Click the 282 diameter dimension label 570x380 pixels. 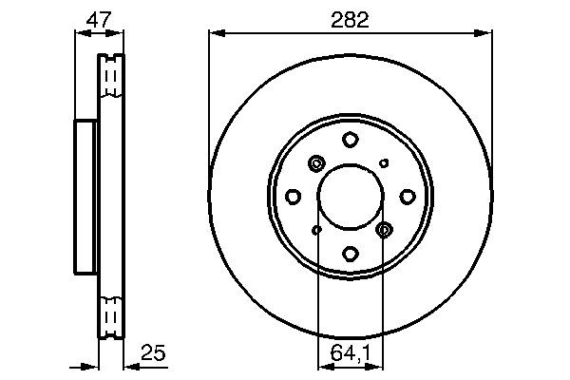click(350, 17)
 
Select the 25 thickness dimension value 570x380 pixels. click(154, 353)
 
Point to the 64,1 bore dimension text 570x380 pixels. click(351, 353)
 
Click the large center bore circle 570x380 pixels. click(350, 197)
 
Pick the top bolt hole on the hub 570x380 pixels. click(350, 140)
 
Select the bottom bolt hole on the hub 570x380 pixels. click(350, 254)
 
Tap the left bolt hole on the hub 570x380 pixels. click(294, 197)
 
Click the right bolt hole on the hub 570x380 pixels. click(407, 197)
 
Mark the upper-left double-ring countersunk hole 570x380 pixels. click(316, 164)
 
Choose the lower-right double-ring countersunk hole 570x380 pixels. click(384, 230)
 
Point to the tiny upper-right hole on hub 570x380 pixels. click(384, 163)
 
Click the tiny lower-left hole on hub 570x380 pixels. click(316, 230)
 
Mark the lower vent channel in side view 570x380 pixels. click(113, 313)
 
